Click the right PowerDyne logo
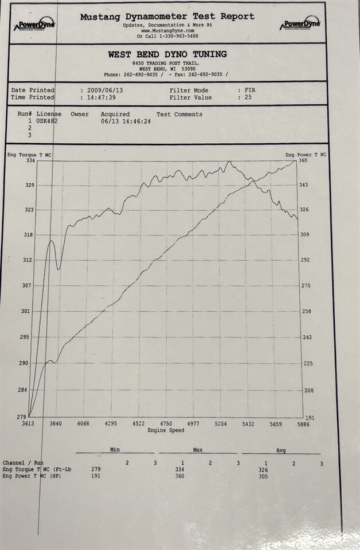(300, 25)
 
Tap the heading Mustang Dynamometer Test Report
(167, 17)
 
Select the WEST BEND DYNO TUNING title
(167, 54)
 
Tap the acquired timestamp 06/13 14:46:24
(126, 121)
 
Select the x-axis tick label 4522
(138, 424)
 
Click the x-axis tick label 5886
(303, 424)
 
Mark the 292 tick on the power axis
(306, 260)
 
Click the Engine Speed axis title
(166, 430)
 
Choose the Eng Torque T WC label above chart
(29, 155)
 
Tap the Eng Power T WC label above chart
(306, 155)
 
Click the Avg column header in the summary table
(281, 450)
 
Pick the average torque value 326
(263, 470)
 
